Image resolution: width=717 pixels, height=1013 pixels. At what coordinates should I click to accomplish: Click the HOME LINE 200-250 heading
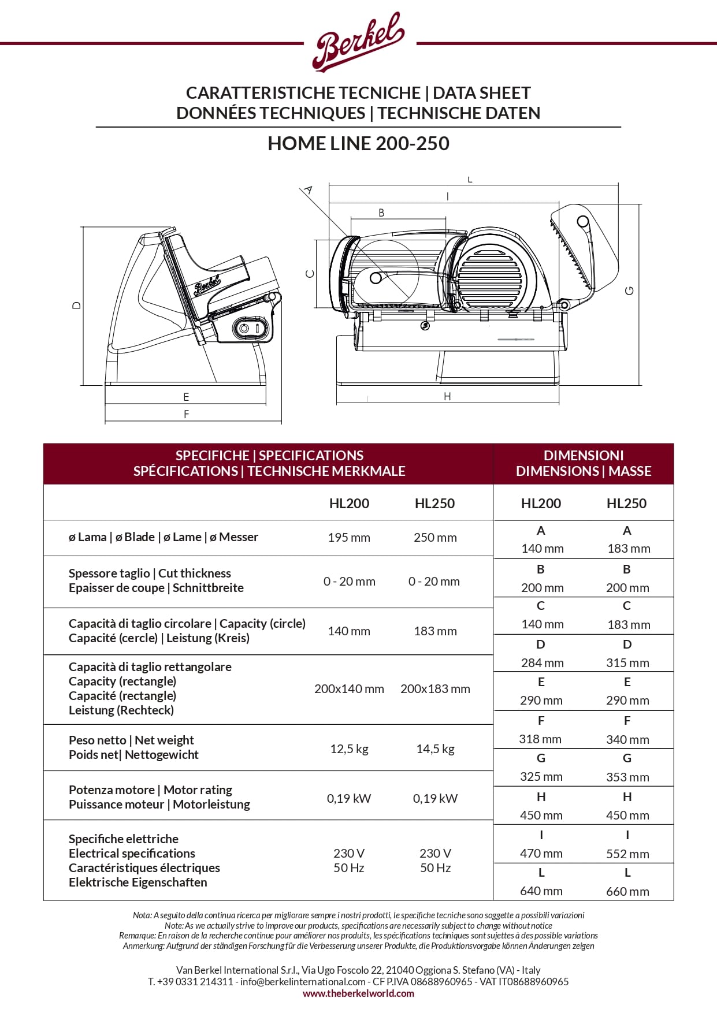[x=358, y=143]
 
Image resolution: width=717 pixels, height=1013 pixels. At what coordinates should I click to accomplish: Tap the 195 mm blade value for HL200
[x=349, y=537]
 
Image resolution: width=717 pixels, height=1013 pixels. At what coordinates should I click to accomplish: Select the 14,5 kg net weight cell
[x=435, y=749]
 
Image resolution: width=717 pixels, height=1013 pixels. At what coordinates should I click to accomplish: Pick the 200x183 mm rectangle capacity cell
[x=435, y=688]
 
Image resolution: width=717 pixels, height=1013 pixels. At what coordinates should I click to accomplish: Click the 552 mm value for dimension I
[x=627, y=854]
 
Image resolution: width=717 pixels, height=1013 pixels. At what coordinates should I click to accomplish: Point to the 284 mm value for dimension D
[x=542, y=662]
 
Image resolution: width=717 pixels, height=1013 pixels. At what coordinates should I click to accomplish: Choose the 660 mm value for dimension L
[x=627, y=891]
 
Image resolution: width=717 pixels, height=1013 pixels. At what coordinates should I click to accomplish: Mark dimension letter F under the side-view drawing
[x=186, y=414]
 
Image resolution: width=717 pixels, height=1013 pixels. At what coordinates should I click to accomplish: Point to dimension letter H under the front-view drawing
[x=447, y=396]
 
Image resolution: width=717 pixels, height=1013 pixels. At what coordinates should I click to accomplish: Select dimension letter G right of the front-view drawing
[x=630, y=291]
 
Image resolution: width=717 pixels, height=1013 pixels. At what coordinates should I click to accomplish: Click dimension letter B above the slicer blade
[x=381, y=213]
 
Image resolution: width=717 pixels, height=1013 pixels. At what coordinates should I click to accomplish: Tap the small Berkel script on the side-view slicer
[x=207, y=285]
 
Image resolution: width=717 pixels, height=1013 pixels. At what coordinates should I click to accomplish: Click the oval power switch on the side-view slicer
[x=251, y=329]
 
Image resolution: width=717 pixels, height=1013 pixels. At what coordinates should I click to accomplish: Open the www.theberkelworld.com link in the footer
[x=358, y=993]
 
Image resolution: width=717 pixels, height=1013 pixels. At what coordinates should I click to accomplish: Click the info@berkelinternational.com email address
[x=303, y=981]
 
